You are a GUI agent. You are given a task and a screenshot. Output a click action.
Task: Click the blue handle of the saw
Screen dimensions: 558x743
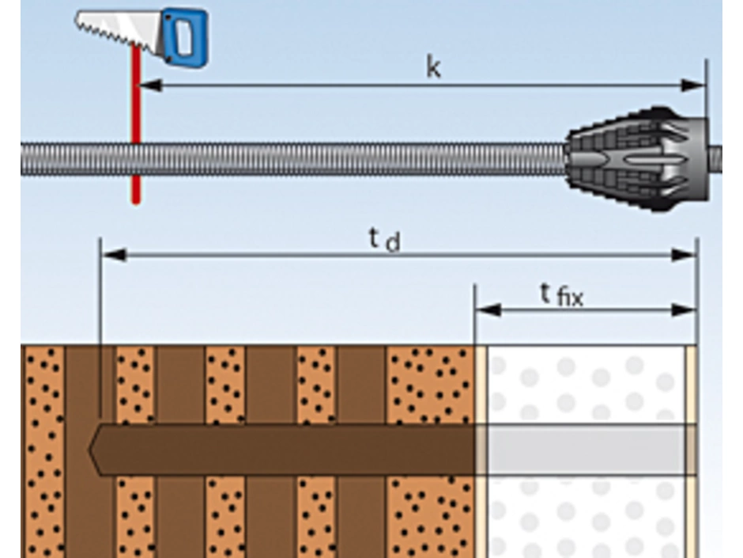coord(184,35)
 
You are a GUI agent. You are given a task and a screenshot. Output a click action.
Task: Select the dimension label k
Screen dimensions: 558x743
coord(433,68)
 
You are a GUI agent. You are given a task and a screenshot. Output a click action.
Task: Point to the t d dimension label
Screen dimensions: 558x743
coord(384,240)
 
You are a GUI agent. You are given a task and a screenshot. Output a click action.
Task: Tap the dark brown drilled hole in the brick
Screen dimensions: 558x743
coord(285,450)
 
